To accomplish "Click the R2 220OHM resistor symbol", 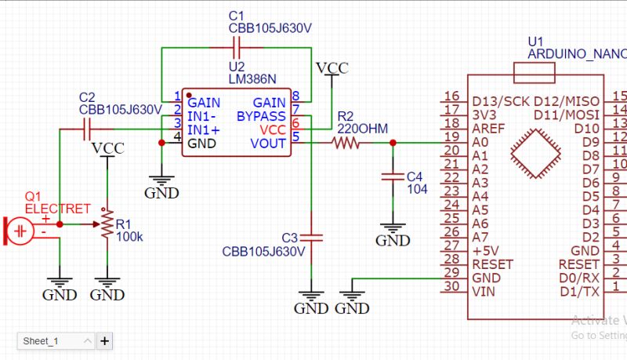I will (346, 144).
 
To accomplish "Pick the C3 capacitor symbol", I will (311, 236).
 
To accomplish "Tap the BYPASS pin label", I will (262, 116).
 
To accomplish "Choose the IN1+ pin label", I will (203, 129).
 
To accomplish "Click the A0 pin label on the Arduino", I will (480, 142).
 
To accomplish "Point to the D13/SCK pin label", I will (501, 102).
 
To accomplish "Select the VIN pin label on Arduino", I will (484, 292).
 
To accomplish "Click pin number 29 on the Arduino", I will (451, 277).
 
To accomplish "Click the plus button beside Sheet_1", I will (104, 341).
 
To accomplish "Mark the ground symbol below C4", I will (392, 233).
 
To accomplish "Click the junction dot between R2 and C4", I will (392, 144).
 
